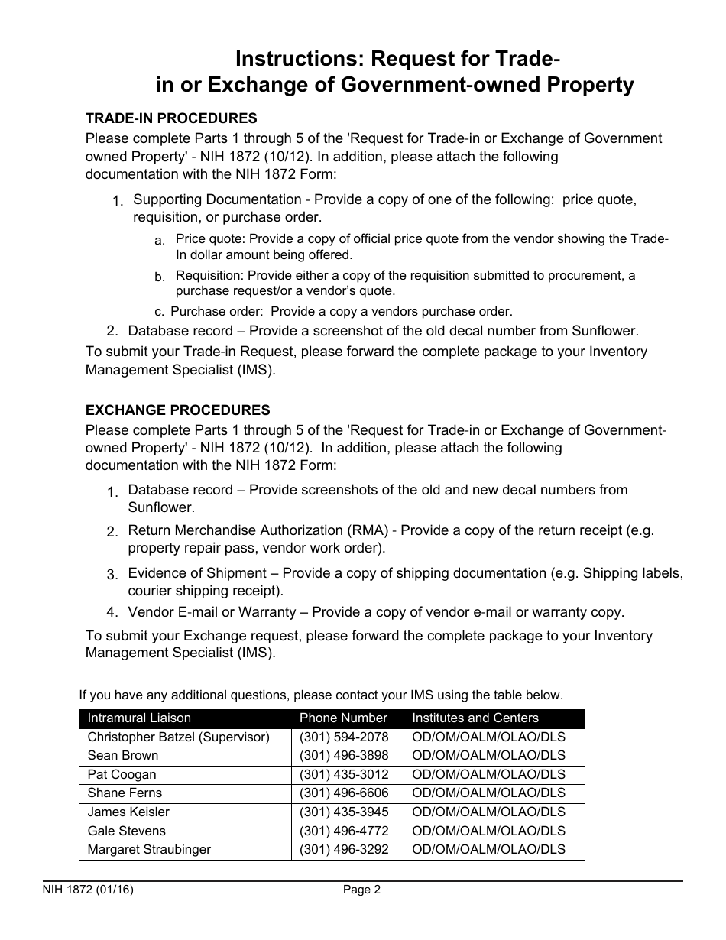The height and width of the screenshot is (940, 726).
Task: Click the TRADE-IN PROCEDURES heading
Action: pos(171,118)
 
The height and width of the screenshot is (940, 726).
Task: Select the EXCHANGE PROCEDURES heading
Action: pos(177,410)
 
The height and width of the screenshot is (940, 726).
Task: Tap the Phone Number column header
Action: pos(343,718)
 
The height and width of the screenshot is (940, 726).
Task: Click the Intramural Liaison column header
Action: pos(139,718)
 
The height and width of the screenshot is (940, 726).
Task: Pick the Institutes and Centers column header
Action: pos(475,718)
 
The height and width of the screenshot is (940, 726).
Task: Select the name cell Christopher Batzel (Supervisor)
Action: pos(179,737)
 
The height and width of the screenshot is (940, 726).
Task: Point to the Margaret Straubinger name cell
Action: pos(149,850)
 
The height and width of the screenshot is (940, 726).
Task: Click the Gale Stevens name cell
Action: pos(126,831)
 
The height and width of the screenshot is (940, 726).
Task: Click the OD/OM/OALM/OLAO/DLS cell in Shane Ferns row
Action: pos(489,793)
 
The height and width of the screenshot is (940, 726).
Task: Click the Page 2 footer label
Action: pos(361,890)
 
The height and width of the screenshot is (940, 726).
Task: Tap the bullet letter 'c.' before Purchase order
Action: pos(159,312)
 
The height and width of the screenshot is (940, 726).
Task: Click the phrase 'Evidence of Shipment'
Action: pos(197,573)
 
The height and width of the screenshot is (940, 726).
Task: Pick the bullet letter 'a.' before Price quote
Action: pos(160,241)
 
